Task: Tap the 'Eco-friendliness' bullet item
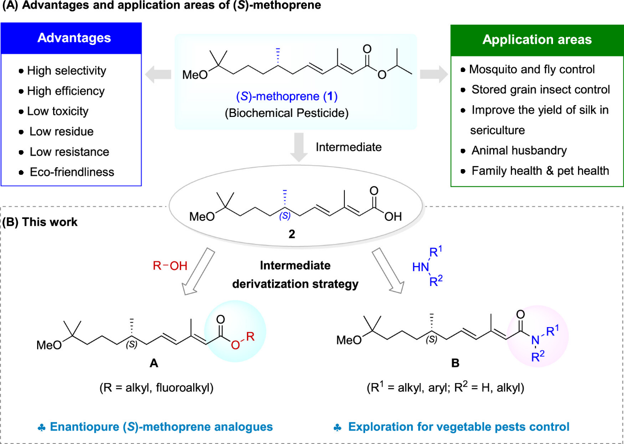coord(71,172)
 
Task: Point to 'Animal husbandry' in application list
coord(520,150)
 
